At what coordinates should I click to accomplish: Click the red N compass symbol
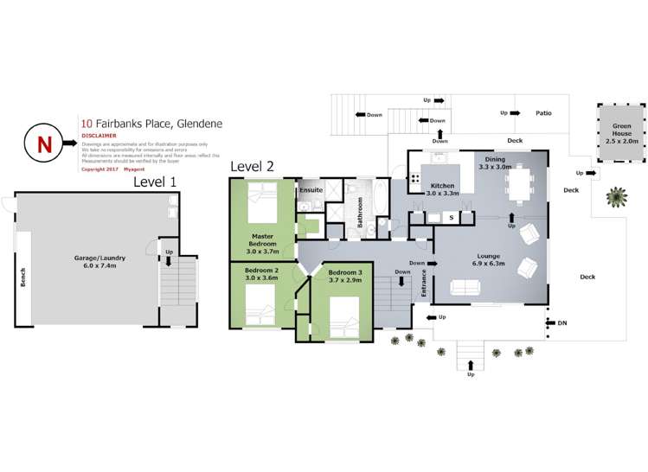(x=44, y=144)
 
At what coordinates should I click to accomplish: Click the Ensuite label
(x=311, y=189)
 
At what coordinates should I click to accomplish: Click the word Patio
(x=543, y=113)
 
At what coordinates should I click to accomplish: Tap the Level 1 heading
(x=155, y=182)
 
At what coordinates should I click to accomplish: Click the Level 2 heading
(x=252, y=166)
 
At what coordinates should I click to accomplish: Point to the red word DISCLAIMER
(x=99, y=136)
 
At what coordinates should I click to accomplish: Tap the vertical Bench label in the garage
(x=23, y=277)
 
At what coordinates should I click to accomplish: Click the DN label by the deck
(x=562, y=323)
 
